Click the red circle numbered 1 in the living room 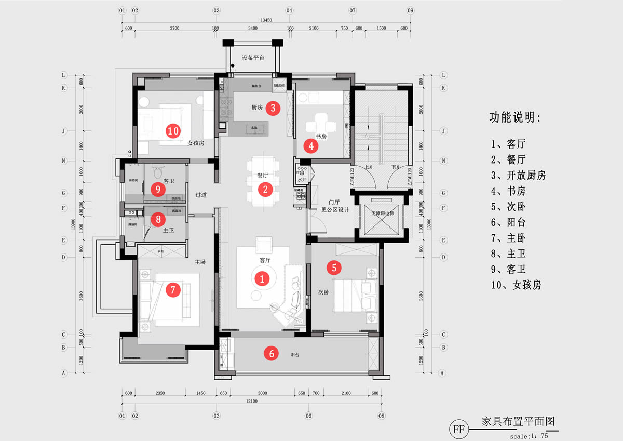click(262, 278)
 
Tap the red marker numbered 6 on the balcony click(271, 353)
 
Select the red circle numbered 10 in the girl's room click(173, 131)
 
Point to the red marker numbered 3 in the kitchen click(273, 108)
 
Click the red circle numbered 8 click(158, 219)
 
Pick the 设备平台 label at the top click(253, 58)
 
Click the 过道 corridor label click(201, 195)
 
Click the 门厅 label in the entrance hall click(333, 202)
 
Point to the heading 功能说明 click(515, 117)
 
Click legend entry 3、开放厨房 click(518, 175)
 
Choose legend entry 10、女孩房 click(516, 285)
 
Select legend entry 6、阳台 click(508, 222)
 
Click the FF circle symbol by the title click(458, 430)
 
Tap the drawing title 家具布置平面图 click(519, 421)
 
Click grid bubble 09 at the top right click(410, 10)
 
